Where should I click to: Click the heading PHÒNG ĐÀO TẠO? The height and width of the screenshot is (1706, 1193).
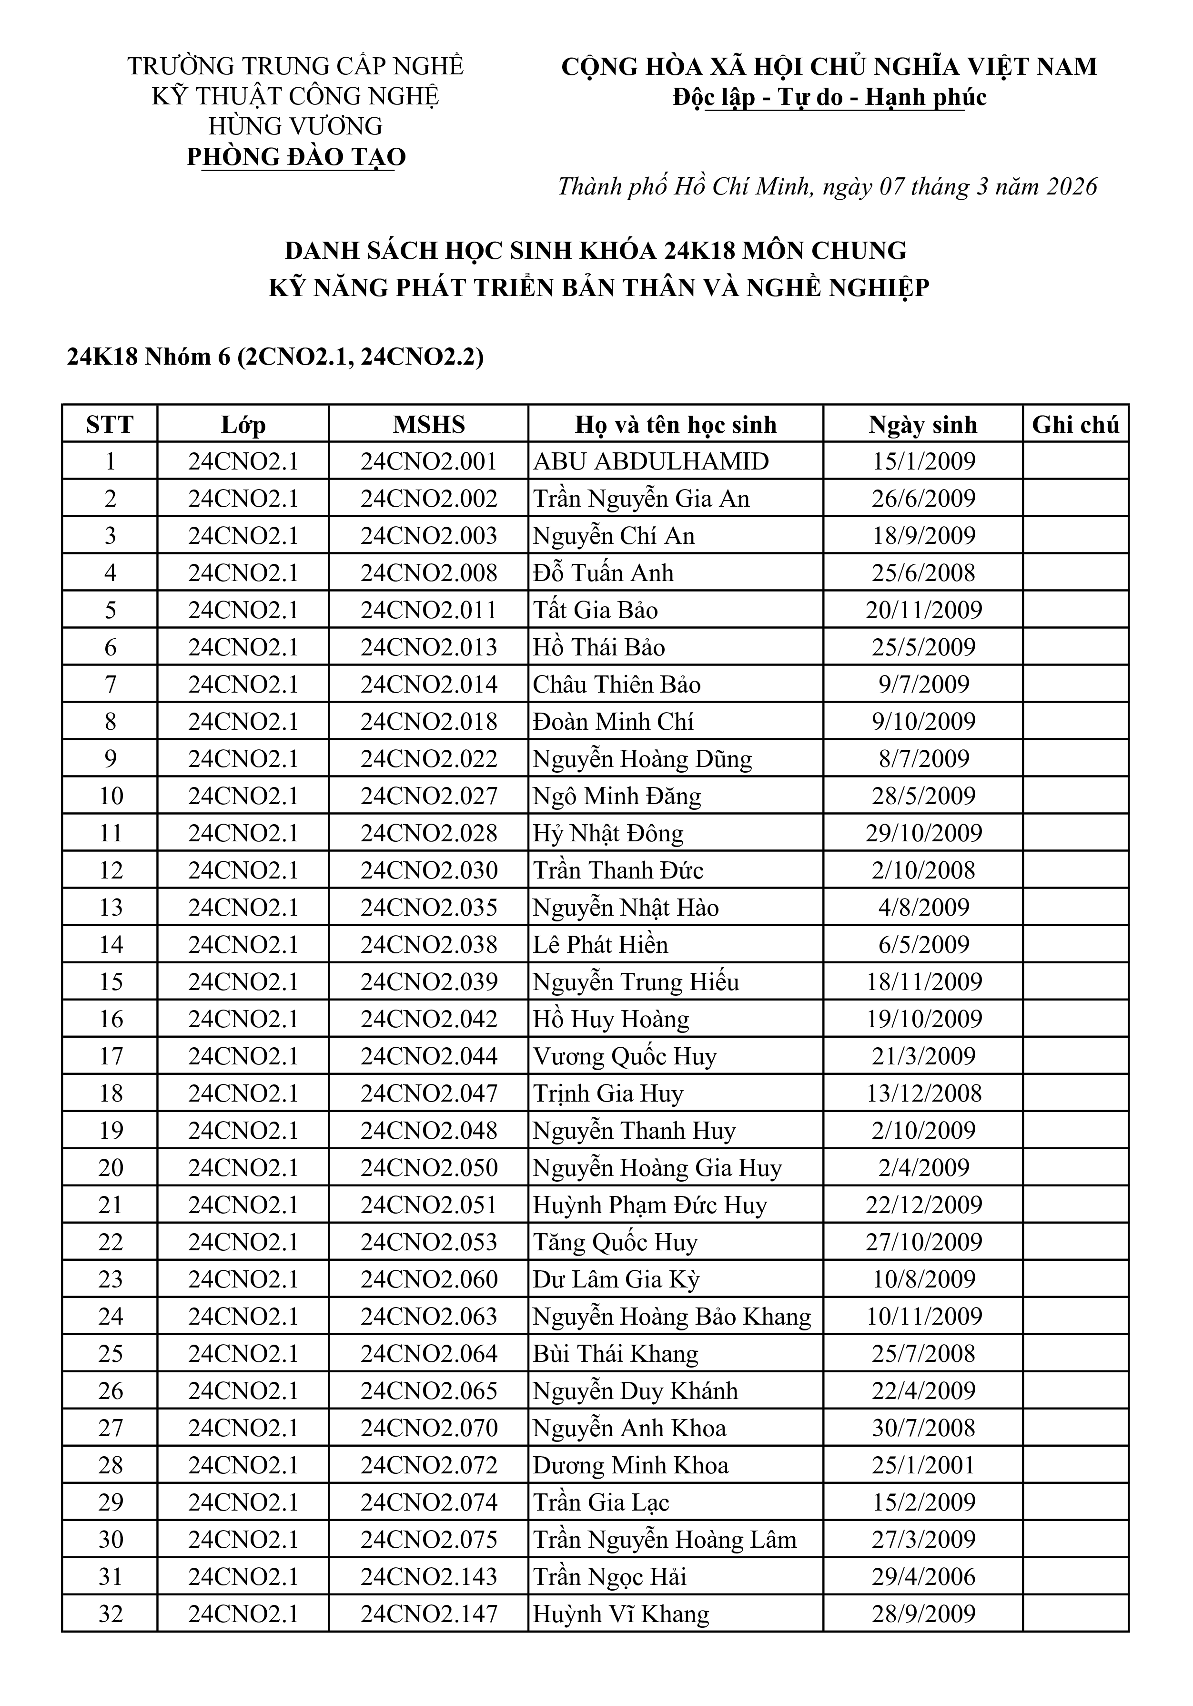[296, 157]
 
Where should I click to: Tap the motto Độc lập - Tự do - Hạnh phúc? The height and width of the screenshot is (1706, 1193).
[829, 97]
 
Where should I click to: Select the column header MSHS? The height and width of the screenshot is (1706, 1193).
[429, 424]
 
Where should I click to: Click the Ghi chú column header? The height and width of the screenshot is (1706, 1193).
[1075, 424]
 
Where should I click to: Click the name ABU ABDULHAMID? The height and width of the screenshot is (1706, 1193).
[651, 461]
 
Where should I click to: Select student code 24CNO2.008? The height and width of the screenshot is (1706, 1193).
[429, 573]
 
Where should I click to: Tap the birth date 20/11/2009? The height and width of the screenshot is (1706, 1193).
[923, 610]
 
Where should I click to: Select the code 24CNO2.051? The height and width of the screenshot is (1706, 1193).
[429, 1205]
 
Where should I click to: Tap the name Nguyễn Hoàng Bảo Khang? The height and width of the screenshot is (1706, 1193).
[671, 1316]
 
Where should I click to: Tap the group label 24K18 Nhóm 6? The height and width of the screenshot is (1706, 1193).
[149, 358]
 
